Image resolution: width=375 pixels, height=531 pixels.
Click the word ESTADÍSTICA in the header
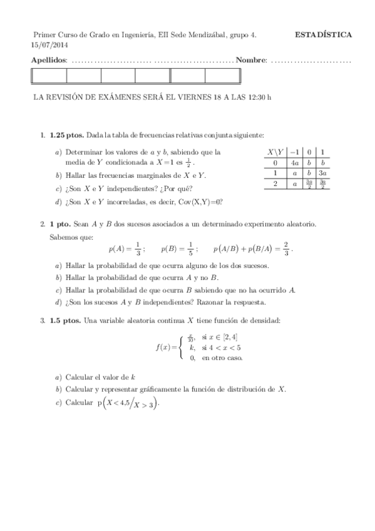pyautogui.click(x=323, y=35)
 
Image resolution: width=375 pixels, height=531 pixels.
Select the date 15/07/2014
pyautogui.click(x=49, y=45)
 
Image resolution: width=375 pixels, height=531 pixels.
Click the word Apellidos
pyautogui.click(x=49, y=60)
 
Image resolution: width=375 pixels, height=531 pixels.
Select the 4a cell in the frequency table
pyautogui.click(x=294, y=162)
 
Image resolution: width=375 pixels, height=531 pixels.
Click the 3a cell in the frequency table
pyautogui.click(x=322, y=172)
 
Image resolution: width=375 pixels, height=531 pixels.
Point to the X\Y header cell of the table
pyautogui.click(x=275, y=152)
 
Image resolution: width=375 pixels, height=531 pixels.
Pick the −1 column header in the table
pyautogui.click(x=294, y=152)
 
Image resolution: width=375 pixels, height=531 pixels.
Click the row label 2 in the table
pyautogui.click(x=275, y=183)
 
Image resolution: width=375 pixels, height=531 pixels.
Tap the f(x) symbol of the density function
pyautogui.click(x=164, y=347)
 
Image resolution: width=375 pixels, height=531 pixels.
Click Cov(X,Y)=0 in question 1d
pyautogui.click(x=201, y=202)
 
